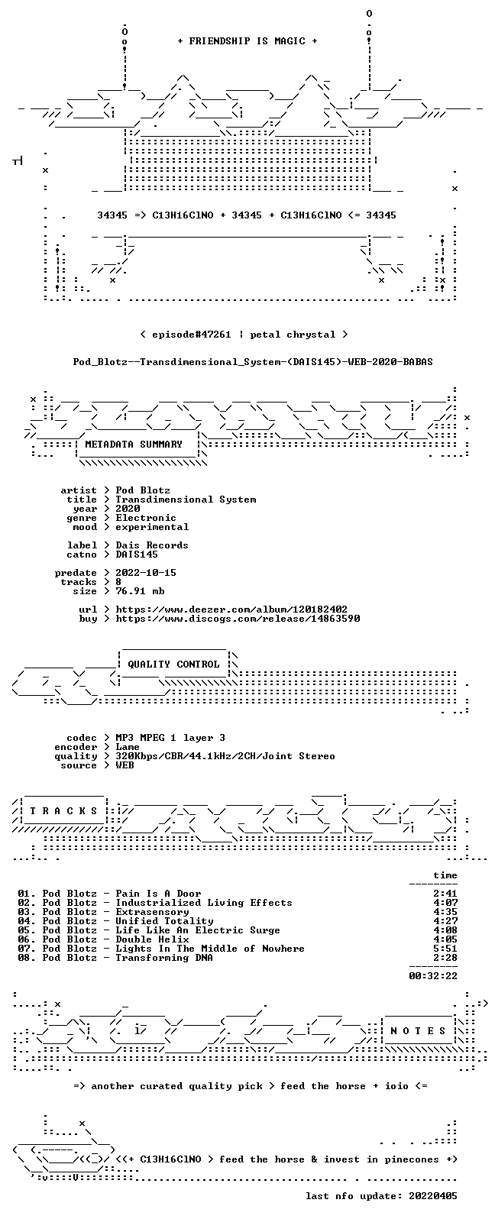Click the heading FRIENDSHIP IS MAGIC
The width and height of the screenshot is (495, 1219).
247,40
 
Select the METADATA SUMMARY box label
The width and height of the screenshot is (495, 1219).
134,444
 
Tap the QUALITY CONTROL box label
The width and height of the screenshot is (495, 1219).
173,664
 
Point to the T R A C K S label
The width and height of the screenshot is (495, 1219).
63,811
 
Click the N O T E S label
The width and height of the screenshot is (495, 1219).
418,1030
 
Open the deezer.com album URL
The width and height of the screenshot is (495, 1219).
231,609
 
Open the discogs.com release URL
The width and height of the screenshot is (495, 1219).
238,618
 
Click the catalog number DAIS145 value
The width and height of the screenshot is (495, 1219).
137,554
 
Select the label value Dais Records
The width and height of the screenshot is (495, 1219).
152,545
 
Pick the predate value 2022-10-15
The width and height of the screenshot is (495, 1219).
146,573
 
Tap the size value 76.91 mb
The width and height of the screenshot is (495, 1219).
140,591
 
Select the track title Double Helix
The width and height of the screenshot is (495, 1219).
152,939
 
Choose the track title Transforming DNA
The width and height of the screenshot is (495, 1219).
164,957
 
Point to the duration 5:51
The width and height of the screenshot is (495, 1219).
445,948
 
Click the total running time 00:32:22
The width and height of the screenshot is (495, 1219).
433,976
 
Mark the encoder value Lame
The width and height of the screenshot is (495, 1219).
128,747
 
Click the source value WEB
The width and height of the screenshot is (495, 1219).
125,765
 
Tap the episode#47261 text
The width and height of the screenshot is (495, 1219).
192,334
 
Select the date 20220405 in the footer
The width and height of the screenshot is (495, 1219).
433,1195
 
